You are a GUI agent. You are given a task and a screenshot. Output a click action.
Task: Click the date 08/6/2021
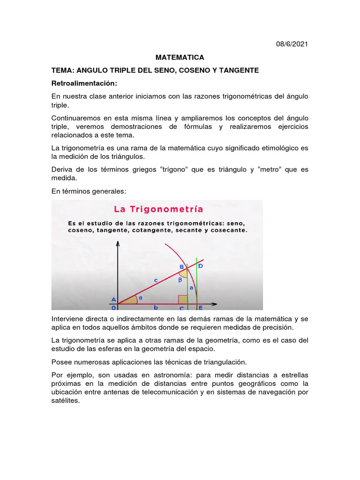292,44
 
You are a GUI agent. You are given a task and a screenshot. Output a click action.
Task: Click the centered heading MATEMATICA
180,57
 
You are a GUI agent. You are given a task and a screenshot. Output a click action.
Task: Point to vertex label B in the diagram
182,267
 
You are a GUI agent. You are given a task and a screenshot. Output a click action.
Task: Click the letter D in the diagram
200,266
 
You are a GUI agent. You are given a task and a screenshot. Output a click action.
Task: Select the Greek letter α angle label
140,296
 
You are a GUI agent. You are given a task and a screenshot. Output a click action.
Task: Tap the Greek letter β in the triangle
179,280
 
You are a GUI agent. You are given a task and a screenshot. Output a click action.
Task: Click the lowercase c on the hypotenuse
155,280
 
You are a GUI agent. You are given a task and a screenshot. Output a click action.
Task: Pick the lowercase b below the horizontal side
156,308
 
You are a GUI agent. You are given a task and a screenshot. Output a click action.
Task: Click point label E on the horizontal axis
200,308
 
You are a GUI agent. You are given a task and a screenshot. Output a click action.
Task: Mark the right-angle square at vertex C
182,300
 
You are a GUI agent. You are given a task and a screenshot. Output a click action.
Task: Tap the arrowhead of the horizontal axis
215,304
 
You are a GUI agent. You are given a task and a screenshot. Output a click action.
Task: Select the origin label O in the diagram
113,308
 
